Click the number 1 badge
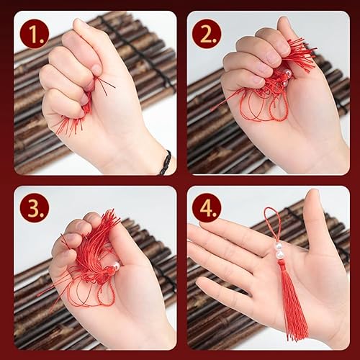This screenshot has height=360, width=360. (x=35, y=34)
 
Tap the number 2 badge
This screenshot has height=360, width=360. (x=207, y=34)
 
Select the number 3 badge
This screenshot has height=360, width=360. (x=35, y=207)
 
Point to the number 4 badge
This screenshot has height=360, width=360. (x=207, y=207)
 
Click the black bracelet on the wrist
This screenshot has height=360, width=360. (x=166, y=162)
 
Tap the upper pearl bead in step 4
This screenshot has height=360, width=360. (x=279, y=246)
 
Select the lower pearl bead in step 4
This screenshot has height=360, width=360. (x=279, y=255)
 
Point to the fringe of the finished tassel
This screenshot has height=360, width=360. (x=294, y=307)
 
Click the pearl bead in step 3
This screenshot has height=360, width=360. (x=116, y=266)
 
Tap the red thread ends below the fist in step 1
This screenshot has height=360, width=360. (x=70, y=125)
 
